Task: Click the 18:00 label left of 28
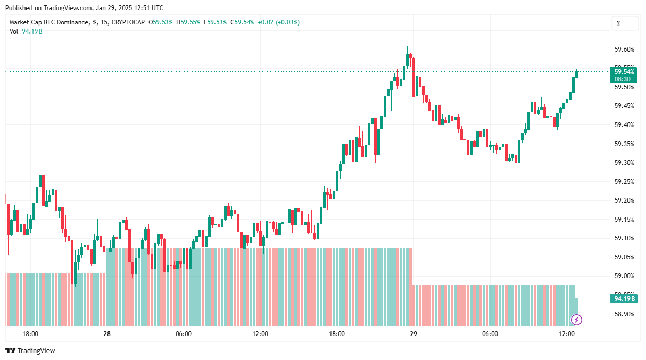pyautogui.click(x=30, y=334)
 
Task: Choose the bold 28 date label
pyautogui.click(x=107, y=334)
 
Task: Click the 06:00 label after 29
pyautogui.click(x=490, y=334)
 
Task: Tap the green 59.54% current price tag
pyautogui.click(x=624, y=75)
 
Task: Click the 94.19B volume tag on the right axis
pyautogui.click(x=624, y=299)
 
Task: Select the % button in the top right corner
pyautogui.click(x=625, y=24)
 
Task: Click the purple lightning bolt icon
pyautogui.click(x=576, y=320)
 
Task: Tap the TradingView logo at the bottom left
pyautogui.click(x=30, y=351)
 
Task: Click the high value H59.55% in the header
pyautogui.click(x=189, y=22)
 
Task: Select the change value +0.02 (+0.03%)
pyautogui.click(x=278, y=22)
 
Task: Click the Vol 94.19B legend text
pyautogui.click(x=26, y=31)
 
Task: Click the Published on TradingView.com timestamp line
pyautogui.click(x=84, y=8)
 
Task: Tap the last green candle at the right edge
pyautogui.click(x=577, y=73)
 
